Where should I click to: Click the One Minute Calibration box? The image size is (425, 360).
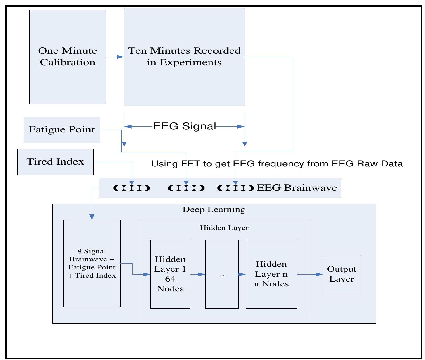(67, 57)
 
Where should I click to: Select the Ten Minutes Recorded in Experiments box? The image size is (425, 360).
(184, 57)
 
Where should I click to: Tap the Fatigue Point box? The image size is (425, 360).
(62, 130)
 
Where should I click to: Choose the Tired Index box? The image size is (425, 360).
(55, 162)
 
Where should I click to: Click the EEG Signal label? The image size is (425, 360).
(184, 126)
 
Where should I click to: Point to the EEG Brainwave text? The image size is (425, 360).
(297, 188)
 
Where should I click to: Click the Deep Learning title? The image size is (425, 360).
(214, 210)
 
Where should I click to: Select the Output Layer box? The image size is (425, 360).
(341, 274)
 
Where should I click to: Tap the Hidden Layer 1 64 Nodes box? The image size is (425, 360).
(170, 274)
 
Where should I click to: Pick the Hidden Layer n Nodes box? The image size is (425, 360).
(271, 274)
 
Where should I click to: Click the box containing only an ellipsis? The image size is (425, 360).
(222, 274)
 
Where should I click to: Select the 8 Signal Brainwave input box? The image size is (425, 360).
(92, 263)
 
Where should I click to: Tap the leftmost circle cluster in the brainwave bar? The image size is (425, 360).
(132, 188)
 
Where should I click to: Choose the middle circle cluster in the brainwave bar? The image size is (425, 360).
(186, 188)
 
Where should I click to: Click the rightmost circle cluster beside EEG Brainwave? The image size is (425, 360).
(235, 188)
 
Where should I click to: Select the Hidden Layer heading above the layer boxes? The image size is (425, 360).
(224, 228)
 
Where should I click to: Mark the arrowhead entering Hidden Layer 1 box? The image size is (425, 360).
(147, 275)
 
